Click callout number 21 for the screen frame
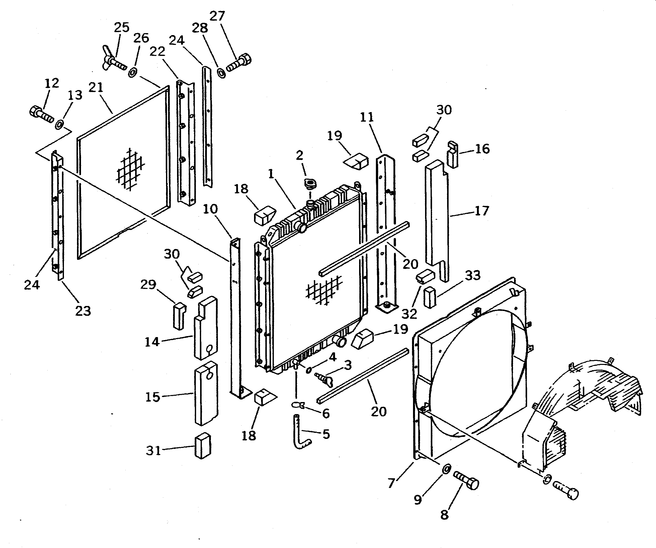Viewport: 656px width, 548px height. [96, 88]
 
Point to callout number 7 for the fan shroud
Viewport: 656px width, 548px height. [391, 483]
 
